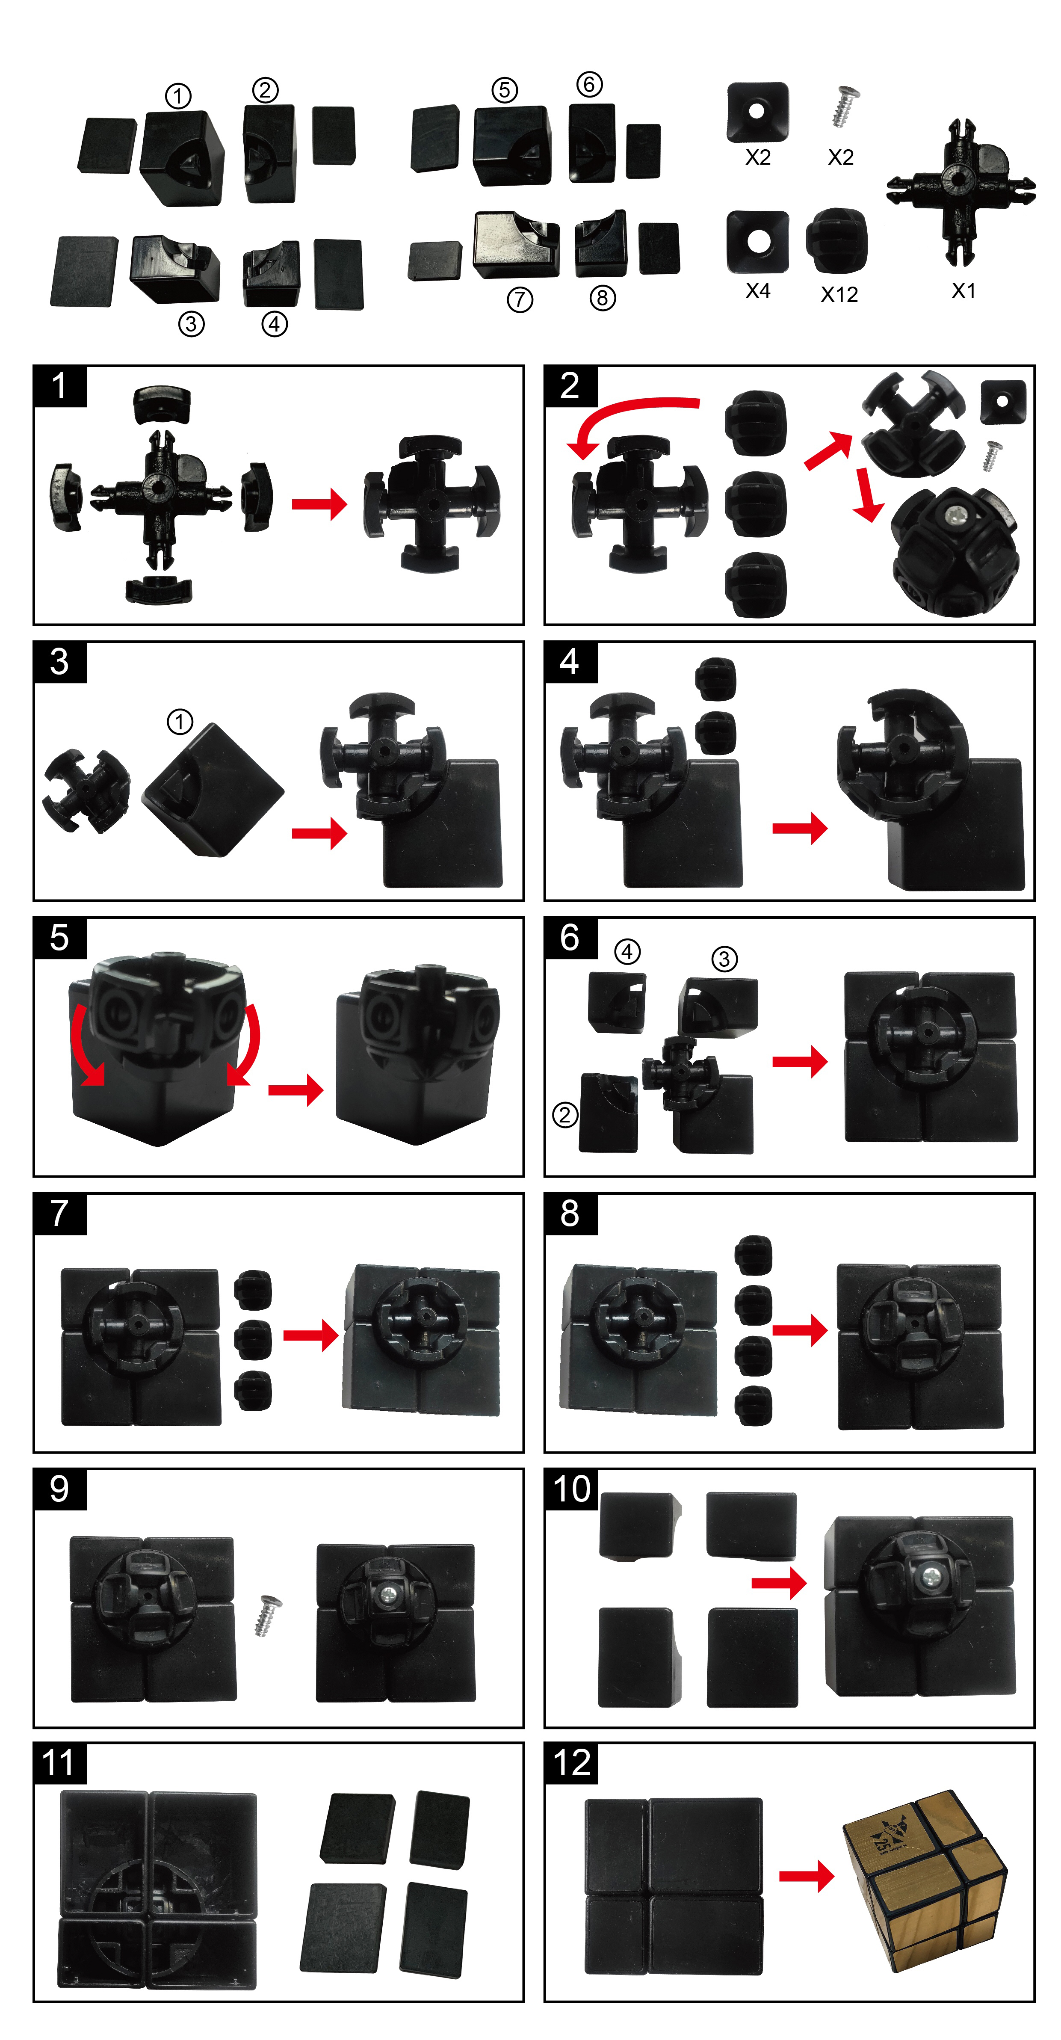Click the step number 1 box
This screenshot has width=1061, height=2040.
click(x=59, y=386)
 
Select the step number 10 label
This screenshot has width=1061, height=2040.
click(x=571, y=1489)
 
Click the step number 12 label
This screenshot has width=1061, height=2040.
click(x=571, y=1763)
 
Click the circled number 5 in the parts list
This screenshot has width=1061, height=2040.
click(x=504, y=89)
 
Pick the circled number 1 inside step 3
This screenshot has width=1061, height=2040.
click(x=180, y=722)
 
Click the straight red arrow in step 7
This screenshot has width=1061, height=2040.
click(x=310, y=1335)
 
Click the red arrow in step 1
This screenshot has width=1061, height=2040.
click(x=319, y=503)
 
